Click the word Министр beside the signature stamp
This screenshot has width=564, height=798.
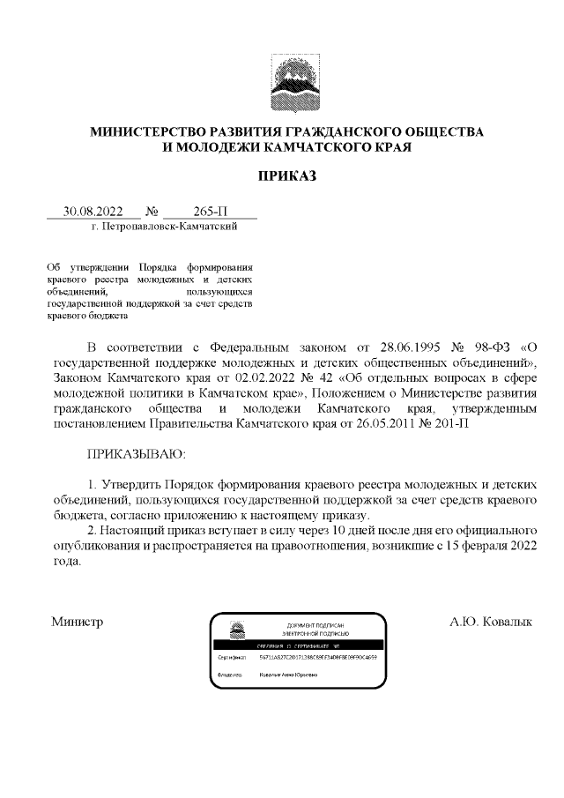pyautogui.click(x=78, y=622)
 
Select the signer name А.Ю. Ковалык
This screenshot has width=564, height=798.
pyautogui.click(x=491, y=622)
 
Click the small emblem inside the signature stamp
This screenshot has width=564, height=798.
pyautogui.click(x=237, y=631)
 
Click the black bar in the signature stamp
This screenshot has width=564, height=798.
pyautogui.click(x=300, y=645)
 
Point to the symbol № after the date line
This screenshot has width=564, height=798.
pyautogui.click(x=150, y=212)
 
